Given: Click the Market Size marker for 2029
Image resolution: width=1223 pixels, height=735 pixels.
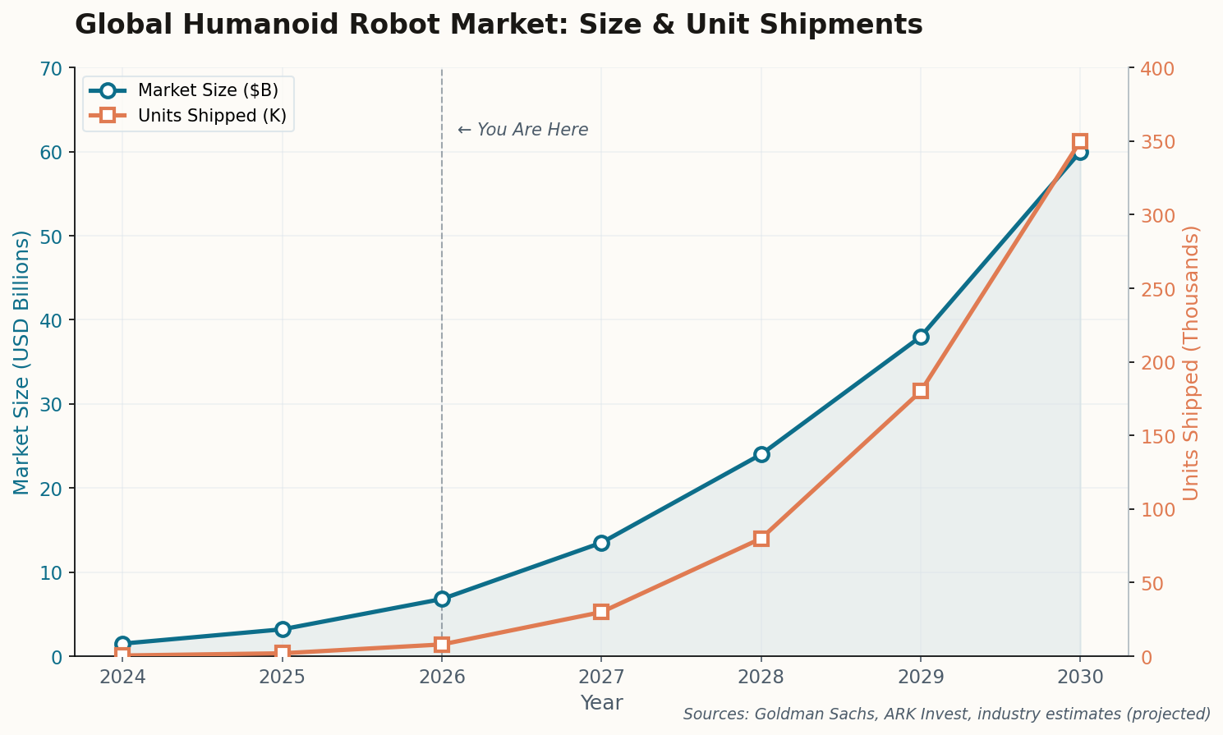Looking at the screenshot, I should (x=920, y=337).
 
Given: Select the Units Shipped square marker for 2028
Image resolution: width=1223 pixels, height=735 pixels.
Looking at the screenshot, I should (x=761, y=539).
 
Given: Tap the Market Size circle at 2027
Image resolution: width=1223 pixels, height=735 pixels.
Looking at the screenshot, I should (x=601, y=543).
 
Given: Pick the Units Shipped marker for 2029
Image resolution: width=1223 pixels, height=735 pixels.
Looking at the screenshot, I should (x=920, y=391).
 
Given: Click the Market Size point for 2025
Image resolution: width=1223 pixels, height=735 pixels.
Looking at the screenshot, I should (x=283, y=629).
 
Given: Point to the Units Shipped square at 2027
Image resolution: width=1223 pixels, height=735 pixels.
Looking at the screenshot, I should (x=601, y=612).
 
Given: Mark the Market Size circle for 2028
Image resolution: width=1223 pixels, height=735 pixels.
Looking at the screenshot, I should (x=761, y=454).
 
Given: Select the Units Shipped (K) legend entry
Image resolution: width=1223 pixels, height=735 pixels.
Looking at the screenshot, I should (x=212, y=116).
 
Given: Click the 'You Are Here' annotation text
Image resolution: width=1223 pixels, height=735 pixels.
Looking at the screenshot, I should (x=522, y=130).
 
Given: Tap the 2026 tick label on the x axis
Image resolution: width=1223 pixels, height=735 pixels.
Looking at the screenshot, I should (x=442, y=678).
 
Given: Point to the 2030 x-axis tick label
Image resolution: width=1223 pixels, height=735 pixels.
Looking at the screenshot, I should (x=1079, y=678).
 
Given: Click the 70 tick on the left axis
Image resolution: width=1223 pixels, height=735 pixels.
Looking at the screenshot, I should (x=51, y=68).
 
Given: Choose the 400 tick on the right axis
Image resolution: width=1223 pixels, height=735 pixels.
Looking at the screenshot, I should (x=1153, y=68).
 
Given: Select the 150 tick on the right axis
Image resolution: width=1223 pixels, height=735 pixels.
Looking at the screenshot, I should (x=1153, y=436).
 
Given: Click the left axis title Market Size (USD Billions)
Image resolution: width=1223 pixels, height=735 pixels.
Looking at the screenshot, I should (x=21, y=362).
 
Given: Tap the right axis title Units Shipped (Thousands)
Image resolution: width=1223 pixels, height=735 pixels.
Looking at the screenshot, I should (x=1191, y=362).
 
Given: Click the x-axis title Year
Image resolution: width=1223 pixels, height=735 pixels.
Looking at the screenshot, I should (x=601, y=703).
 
